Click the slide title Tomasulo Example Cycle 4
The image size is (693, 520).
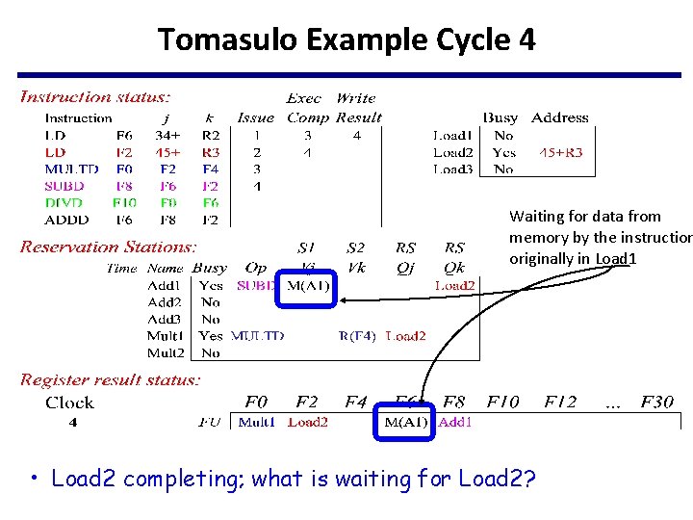(x=346, y=40)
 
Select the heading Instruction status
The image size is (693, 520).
(x=95, y=96)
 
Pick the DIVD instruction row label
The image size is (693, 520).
(x=64, y=203)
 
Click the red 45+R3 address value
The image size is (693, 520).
(x=560, y=152)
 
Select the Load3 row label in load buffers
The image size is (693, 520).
(x=452, y=169)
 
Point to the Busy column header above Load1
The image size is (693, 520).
(x=500, y=117)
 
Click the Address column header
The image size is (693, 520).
(x=559, y=117)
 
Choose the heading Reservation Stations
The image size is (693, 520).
(x=108, y=247)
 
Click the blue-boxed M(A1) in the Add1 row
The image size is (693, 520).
(x=308, y=286)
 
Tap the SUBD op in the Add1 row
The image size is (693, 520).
(x=256, y=286)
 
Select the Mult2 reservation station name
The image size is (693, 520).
(x=165, y=352)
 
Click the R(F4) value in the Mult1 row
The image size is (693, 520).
(x=357, y=336)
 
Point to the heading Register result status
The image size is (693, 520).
(x=110, y=380)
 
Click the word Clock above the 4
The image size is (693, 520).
(x=69, y=403)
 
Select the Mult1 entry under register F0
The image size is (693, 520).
(x=256, y=422)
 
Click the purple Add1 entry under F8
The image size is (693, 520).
(x=455, y=422)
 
